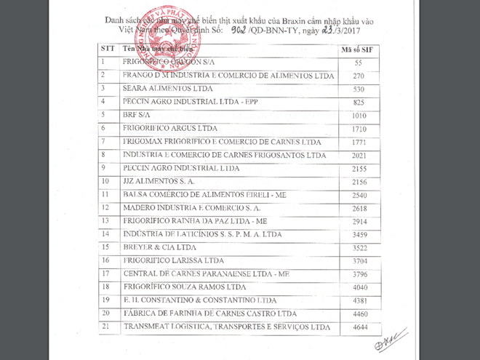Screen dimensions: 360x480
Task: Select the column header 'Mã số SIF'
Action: click(358, 49)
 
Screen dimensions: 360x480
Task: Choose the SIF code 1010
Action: click(358, 115)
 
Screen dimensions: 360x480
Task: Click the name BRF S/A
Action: click(133, 115)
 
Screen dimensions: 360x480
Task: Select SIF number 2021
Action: click(358, 155)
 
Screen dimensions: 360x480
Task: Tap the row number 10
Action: click(105, 181)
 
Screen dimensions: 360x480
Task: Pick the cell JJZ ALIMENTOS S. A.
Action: click(159, 181)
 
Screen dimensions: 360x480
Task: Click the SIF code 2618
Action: click(358, 208)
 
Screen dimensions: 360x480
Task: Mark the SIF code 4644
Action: click(358, 327)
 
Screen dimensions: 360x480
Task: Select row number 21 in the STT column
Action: click(105, 326)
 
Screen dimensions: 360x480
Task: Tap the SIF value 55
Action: click(358, 63)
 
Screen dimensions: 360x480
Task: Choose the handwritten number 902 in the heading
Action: click(239, 32)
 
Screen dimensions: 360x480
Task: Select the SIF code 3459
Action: click(358, 234)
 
